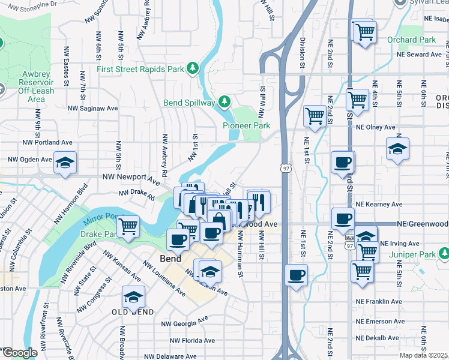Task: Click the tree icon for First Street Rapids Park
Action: [193, 69]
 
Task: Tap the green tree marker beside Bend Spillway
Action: [224, 102]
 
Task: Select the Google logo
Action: [19, 353]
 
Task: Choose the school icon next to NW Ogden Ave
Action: [65, 162]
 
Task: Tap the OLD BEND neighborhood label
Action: [133, 312]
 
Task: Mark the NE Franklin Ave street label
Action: [378, 301]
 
